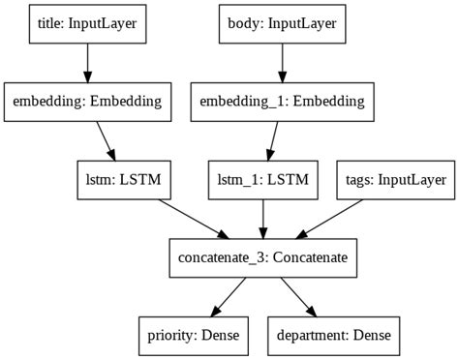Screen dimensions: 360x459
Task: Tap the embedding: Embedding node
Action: click(89, 101)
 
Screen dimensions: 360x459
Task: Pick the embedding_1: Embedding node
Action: click(283, 101)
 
